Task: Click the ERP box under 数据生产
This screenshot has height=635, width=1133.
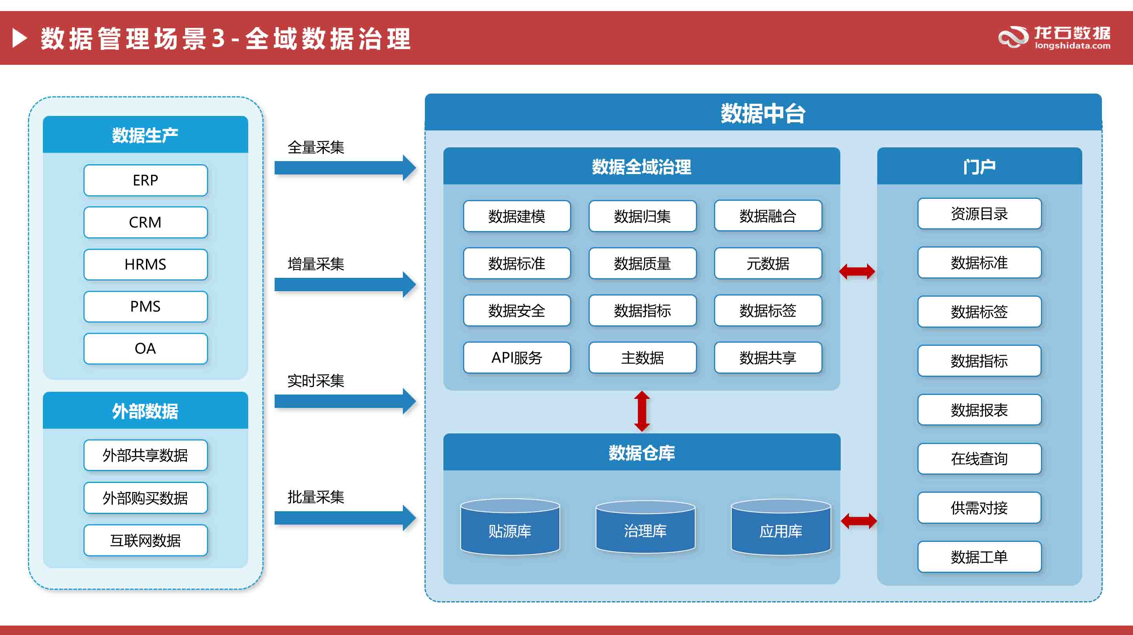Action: [x=145, y=180]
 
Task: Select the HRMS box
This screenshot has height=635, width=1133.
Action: [x=145, y=264]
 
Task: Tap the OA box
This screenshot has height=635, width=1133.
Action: [x=145, y=349]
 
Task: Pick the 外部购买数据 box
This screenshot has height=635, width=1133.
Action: [x=145, y=498]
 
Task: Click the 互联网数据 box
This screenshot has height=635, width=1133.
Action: [x=145, y=540]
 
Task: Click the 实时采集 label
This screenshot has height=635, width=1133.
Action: [x=316, y=380]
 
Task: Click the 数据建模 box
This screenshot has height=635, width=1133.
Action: [x=517, y=216]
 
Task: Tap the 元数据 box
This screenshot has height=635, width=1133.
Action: [x=768, y=263]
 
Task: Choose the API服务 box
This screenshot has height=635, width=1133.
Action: [x=517, y=358]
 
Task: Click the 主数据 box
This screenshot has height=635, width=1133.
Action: [x=642, y=358]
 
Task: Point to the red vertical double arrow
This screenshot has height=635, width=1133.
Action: [x=642, y=411]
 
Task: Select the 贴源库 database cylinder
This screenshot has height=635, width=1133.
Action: [x=510, y=527]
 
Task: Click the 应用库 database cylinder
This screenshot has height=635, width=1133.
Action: [x=781, y=527]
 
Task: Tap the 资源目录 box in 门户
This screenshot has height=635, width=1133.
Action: [x=979, y=214]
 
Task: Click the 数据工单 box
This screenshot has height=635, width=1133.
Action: [x=979, y=557]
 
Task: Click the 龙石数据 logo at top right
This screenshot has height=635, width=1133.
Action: [x=1054, y=37]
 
